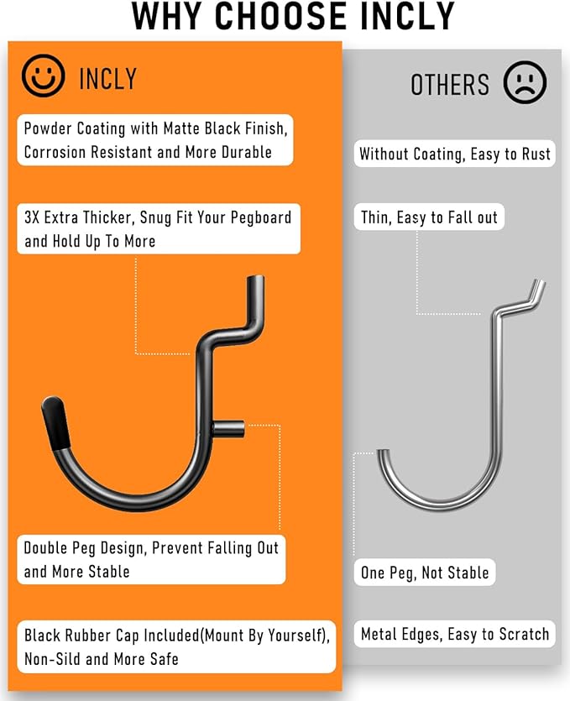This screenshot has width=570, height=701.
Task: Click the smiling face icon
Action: (x=43, y=76)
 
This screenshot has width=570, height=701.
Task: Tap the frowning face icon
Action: (x=525, y=83)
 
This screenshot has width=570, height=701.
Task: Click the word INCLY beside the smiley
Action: (x=107, y=79)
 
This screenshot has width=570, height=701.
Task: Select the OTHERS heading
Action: (x=450, y=85)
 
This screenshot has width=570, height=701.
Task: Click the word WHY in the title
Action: (x=168, y=17)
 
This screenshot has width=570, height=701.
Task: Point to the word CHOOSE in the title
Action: (x=281, y=17)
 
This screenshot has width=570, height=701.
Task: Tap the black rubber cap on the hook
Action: (x=56, y=422)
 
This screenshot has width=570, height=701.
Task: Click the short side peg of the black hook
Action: (x=229, y=430)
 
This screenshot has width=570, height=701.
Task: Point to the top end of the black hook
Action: (x=255, y=278)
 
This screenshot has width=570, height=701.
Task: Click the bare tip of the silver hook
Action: (x=382, y=452)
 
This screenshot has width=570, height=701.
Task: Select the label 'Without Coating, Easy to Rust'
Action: (x=455, y=154)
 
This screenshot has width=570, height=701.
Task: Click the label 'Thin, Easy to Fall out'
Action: (x=429, y=217)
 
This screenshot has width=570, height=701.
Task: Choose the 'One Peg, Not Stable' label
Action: (x=425, y=573)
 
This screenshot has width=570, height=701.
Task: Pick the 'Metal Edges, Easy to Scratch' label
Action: (x=455, y=634)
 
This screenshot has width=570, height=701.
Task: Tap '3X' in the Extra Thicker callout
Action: (x=32, y=217)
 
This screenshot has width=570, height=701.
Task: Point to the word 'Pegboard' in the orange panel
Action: (x=261, y=218)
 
